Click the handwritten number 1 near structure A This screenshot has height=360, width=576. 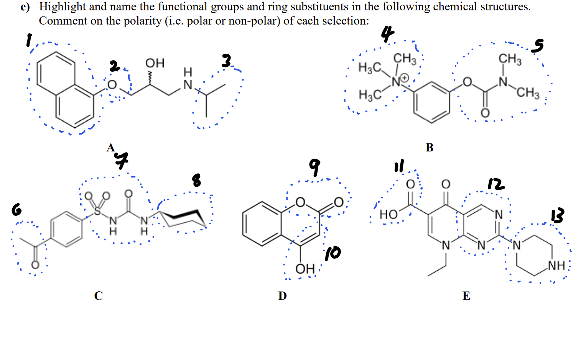pos(28,40)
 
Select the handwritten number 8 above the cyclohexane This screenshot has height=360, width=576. pos(196,179)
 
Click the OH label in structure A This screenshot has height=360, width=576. pos(155,63)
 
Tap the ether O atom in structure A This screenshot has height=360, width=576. pos(112,85)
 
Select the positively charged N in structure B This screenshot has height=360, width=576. pos(396,81)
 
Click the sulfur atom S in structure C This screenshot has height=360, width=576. pos(97,211)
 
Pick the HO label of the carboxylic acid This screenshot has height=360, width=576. pos(388,214)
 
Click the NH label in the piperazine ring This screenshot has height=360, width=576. pos(556,265)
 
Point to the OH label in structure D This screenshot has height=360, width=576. pos(305,269)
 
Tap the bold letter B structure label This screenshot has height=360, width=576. pos(429,147)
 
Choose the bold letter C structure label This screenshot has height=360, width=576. pos(98,296)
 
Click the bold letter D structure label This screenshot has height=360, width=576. pos(282,296)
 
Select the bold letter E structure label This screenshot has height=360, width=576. pos(466,296)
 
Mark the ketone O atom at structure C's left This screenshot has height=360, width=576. pos(35,265)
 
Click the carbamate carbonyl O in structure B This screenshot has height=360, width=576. pos(485,113)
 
